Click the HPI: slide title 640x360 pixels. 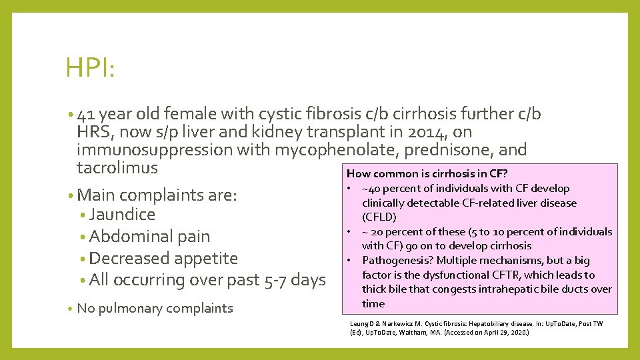pyautogui.click(x=90, y=69)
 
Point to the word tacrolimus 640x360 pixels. pyautogui.click(x=117, y=167)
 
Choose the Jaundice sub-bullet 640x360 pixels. pyautogui.click(x=122, y=215)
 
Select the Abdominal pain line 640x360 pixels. pyautogui.click(x=149, y=237)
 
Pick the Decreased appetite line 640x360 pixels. pyautogui.click(x=163, y=258)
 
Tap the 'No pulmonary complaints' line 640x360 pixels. pyautogui.click(x=155, y=308)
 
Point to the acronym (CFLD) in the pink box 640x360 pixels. pyautogui.click(x=379, y=217)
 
